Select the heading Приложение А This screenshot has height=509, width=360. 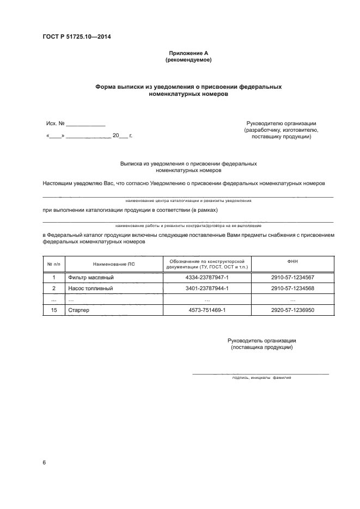point(188,53)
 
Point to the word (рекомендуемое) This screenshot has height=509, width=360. point(188,60)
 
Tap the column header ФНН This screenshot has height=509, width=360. point(292,261)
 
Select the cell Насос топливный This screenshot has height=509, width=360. point(90,289)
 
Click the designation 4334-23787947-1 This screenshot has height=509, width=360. point(207,278)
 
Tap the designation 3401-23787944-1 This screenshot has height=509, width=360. point(207,289)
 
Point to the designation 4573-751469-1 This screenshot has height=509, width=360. point(207,310)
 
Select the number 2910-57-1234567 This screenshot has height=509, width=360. point(292,278)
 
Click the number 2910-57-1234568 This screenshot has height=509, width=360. point(292,289)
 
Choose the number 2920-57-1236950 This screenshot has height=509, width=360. point(292,310)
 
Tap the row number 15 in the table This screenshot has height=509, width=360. point(53,310)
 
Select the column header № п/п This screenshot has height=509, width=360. point(53,264)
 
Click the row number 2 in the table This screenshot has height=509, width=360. point(53,289)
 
